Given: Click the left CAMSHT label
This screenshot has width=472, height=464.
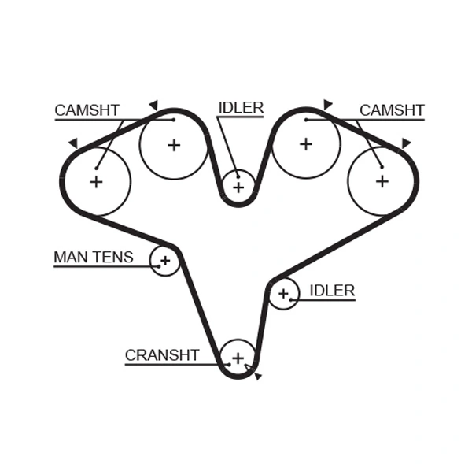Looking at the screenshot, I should (x=87, y=111).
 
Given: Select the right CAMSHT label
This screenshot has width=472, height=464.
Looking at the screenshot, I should (x=392, y=110).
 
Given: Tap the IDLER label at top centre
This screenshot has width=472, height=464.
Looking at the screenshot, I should (x=241, y=108).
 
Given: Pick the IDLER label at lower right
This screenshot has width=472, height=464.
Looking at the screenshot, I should (x=332, y=291).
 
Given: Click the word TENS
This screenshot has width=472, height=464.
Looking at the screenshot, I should (x=114, y=257).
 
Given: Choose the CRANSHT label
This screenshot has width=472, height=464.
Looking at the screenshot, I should (x=162, y=355).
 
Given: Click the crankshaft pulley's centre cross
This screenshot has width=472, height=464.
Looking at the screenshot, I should (x=238, y=358).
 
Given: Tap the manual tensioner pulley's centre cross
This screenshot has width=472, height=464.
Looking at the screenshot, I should (x=165, y=260).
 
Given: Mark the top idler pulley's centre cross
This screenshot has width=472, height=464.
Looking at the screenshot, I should (x=238, y=187).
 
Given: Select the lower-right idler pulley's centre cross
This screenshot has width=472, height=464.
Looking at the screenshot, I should (x=283, y=294).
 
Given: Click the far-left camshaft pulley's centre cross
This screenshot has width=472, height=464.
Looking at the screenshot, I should (x=96, y=182).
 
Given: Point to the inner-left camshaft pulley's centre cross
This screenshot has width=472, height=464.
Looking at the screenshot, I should (x=173, y=145).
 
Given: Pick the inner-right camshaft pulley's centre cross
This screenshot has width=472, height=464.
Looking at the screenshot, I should (x=305, y=144).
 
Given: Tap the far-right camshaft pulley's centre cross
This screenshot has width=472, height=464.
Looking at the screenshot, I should (x=382, y=180).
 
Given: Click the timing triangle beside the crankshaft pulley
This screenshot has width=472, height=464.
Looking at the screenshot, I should (x=257, y=377).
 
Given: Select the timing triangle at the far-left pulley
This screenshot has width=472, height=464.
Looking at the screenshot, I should (x=73, y=143).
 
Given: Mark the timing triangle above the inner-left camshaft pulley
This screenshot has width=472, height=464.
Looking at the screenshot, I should (x=153, y=104).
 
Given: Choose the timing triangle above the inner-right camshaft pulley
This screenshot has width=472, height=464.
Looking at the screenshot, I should (x=327, y=104).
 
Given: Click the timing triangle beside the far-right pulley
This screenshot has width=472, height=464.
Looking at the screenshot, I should (x=406, y=143).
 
